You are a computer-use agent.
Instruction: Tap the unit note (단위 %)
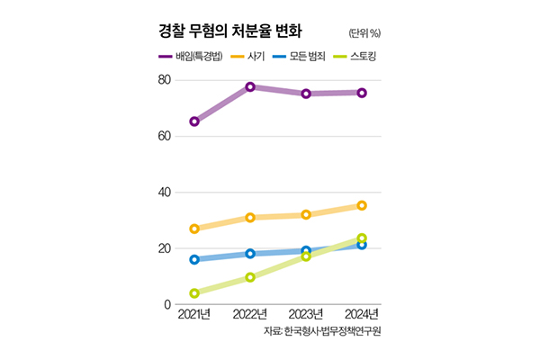(x=363, y=33)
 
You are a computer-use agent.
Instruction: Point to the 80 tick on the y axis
(x=164, y=80)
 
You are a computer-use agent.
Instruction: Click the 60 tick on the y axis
(x=164, y=136)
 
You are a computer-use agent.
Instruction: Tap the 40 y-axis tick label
(x=164, y=193)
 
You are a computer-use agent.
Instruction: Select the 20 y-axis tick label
(x=164, y=248)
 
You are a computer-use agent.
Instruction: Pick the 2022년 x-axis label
(x=250, y=314)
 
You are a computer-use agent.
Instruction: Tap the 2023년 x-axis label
(x=306, y=314)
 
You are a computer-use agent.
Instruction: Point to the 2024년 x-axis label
(x=361, y=314)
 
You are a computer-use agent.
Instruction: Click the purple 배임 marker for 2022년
(x=250, y=87)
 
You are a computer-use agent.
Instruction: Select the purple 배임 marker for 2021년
(x=194, y=121)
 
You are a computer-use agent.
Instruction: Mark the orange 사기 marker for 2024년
(x=362, y=205)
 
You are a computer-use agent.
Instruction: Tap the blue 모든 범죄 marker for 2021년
(x=194, y=259)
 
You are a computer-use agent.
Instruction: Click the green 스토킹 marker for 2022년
(x=250, y=277)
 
